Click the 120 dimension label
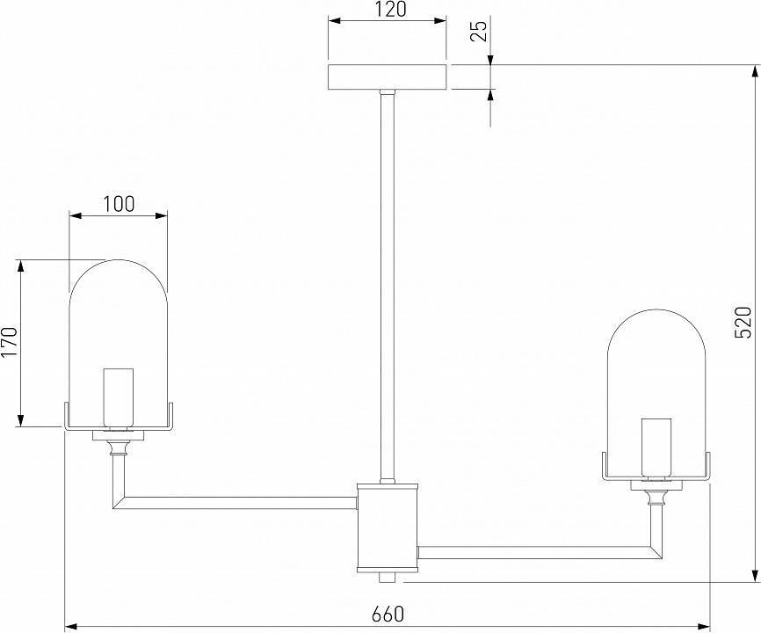coord(390,9)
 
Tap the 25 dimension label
coord(479,31)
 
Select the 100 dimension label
coord(119,204)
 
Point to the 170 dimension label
coord(9,342)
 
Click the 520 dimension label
coord(743,323)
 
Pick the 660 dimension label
coord(388,615)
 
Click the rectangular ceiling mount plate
coord(388,77)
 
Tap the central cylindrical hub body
coord(388,527)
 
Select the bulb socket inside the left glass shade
coord(119,399)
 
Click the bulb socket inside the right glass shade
coord(656,448)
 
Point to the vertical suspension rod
coord(388,287)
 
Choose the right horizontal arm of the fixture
coord(540,552)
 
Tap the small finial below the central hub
coord(388,578)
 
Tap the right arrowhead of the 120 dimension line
coord(439,21)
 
